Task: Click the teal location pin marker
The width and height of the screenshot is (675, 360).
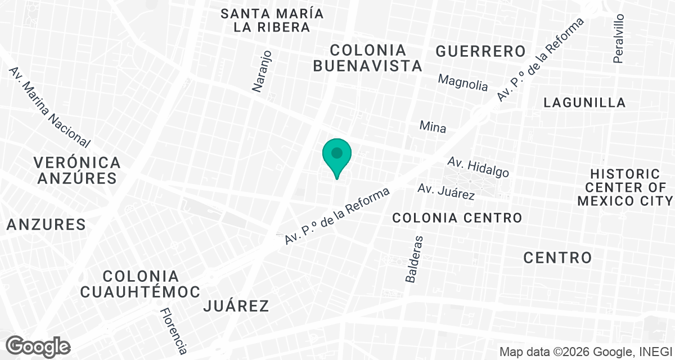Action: (x=337, y=155)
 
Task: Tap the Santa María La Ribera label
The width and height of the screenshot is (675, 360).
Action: (x=272, y=20)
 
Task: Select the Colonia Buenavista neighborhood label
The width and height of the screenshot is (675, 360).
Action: (x=367, y=57)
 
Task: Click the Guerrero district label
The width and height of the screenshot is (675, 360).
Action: (x=480, y=51)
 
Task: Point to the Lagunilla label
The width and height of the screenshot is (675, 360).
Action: (x=585, y=102)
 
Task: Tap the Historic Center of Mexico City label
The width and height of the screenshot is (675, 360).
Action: (x=624, y=187)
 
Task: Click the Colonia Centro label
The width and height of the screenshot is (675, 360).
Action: (x=457, y=217)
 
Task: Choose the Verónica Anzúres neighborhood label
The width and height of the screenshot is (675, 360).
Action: (x=77, y=170)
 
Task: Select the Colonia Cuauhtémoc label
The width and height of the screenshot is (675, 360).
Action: (x=141, y=284)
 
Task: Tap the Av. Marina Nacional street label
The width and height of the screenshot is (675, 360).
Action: (x=49, y=106)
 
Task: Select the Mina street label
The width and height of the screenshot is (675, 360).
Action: (x=433, y=127)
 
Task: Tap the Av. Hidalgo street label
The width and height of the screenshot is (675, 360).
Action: (x=478, y=167)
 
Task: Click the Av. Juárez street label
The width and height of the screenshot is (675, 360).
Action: (x=446, y=191)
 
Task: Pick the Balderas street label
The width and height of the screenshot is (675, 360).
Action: (x=413, y=259)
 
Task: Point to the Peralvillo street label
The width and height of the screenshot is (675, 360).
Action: (x=619, y=38)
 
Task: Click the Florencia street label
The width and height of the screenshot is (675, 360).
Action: (x=173, y=331)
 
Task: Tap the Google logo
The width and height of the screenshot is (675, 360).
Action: (x=39, y=345)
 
